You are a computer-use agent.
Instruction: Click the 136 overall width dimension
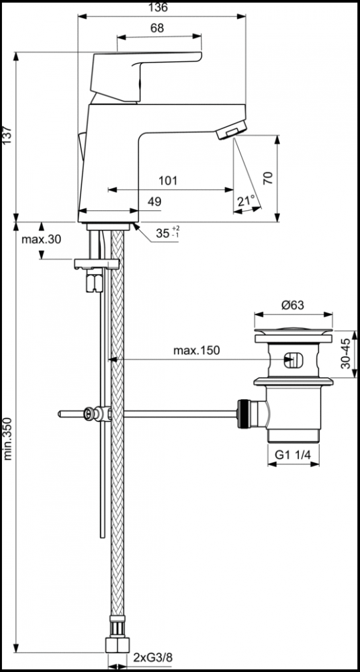point(159,7)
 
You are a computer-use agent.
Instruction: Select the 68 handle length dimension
point(157,28)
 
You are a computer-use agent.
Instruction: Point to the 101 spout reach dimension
point(167,181)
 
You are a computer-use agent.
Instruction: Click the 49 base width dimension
point(154,202)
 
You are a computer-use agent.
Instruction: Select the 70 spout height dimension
point(268,178)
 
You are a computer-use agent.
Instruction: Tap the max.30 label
point(41,239)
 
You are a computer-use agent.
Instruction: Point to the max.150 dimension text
point(196,351)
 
